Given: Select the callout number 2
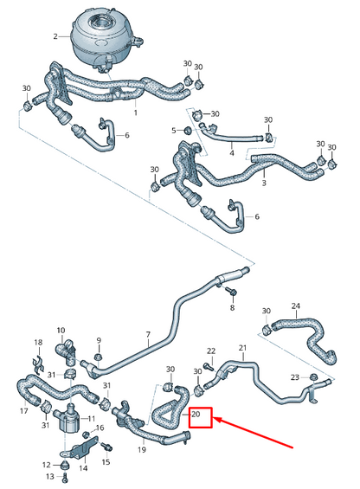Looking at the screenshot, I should (x=55, y=37).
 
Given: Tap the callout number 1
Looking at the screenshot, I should (x=135, y=113).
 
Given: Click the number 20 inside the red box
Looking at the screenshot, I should (x=198, y=416).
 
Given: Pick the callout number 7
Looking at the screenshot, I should (x=147, y=335).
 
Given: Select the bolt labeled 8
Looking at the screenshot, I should (x=232, y=294).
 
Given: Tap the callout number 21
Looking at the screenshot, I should (x=242, y=349).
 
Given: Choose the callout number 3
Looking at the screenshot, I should (x=264, y=183).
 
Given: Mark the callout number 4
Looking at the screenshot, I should (x=231, y=152).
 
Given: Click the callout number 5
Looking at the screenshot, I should (x=175, y=130).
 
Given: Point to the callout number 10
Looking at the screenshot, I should (x=61, y=330).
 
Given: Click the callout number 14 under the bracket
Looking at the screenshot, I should (x=83, y=467).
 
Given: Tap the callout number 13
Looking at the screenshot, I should (x=49, y=476).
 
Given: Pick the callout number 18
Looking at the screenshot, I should (x=37, y=343).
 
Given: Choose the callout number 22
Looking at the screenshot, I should (x=210, y=351).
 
